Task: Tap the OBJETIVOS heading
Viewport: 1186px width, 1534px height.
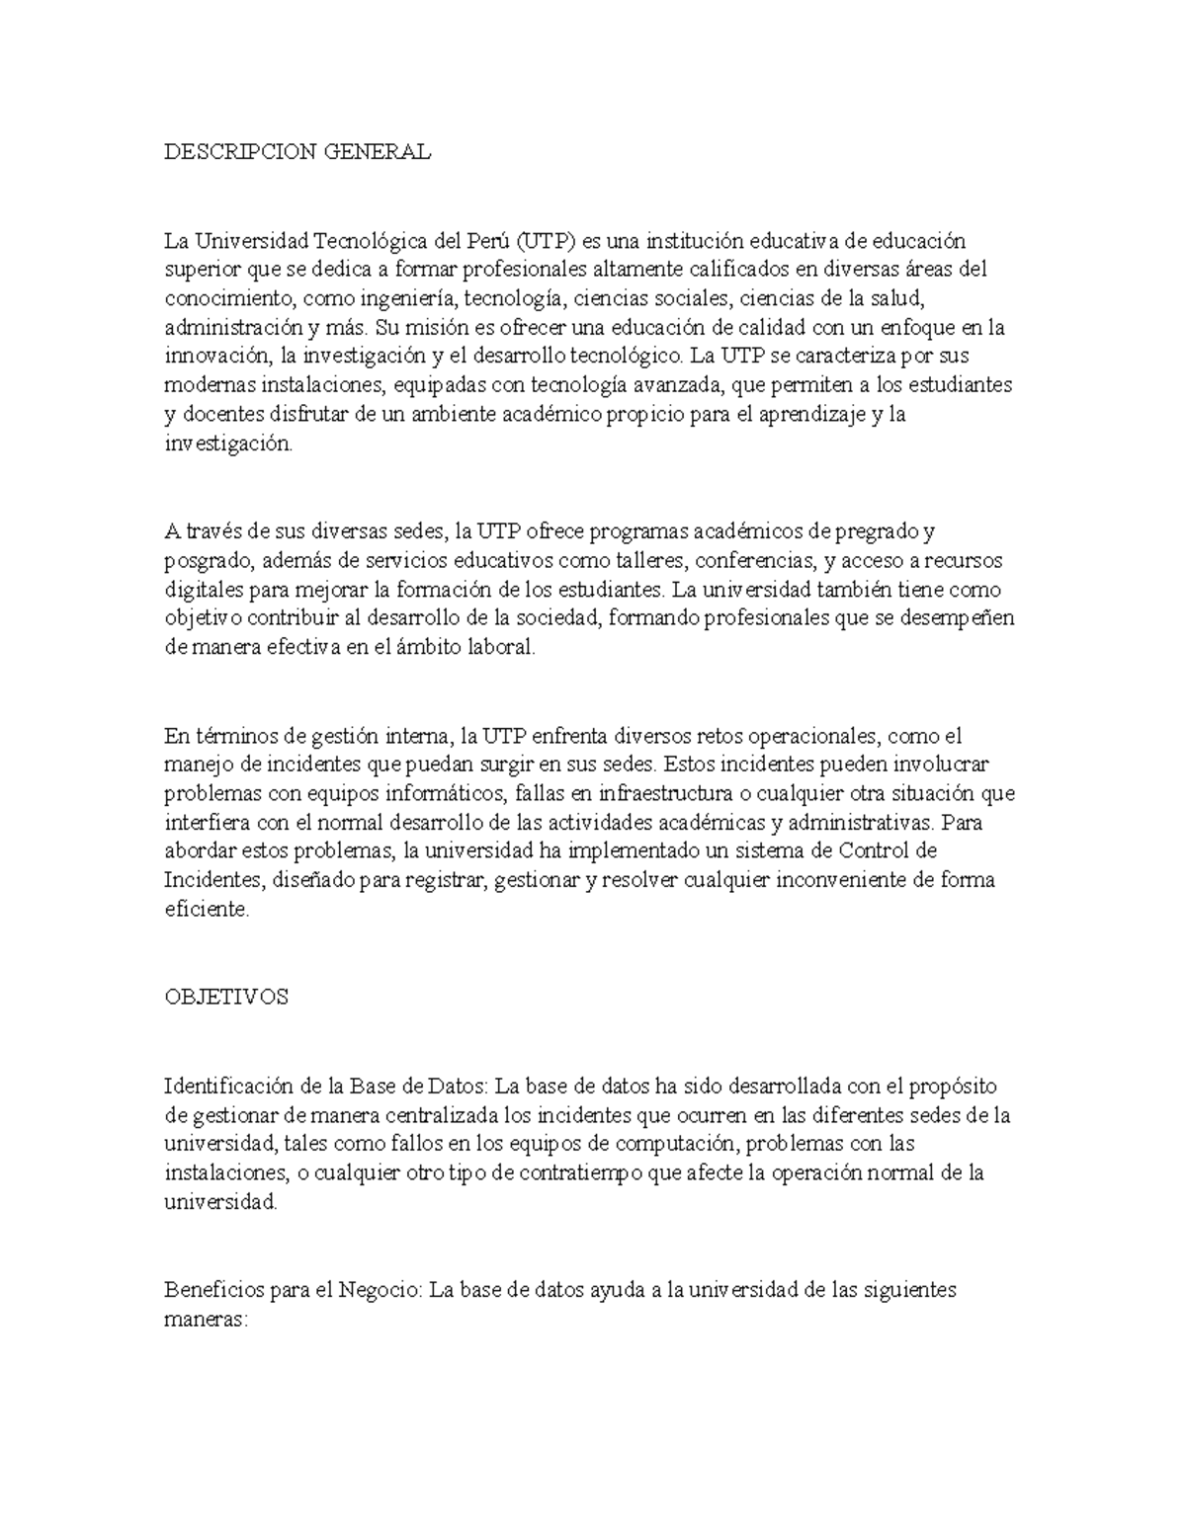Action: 226,998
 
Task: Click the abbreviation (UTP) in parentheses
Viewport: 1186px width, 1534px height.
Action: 545,241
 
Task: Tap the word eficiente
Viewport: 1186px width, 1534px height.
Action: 208,911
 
